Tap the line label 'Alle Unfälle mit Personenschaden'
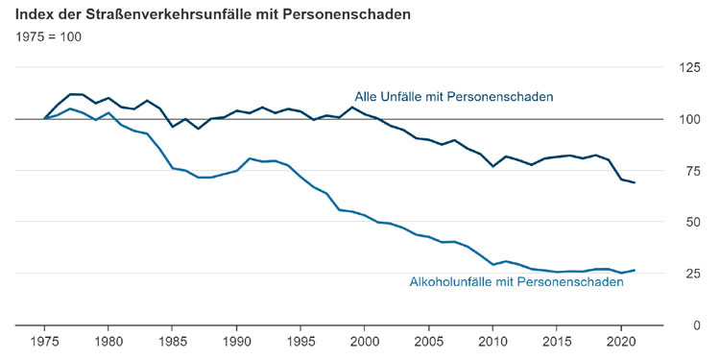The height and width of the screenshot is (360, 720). (454, 96)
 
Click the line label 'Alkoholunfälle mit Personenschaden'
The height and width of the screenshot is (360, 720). (523, 281)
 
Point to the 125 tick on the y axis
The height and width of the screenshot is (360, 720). (688, 67)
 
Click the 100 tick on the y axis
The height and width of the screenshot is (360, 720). (688, 119)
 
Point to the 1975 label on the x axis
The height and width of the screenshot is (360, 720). (45, 343)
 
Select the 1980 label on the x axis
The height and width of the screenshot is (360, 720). (108, 343)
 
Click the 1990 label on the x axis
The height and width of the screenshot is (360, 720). (237, 343)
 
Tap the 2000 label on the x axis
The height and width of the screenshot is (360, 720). (365, 343)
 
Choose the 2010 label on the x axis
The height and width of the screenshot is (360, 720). (492, 343)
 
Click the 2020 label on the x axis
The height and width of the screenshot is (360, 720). (621, 343)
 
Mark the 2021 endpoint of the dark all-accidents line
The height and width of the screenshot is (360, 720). (634, 182)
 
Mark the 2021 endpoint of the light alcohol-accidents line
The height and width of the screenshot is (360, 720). (634, 270)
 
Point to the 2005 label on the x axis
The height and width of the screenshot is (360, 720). (429, 343)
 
